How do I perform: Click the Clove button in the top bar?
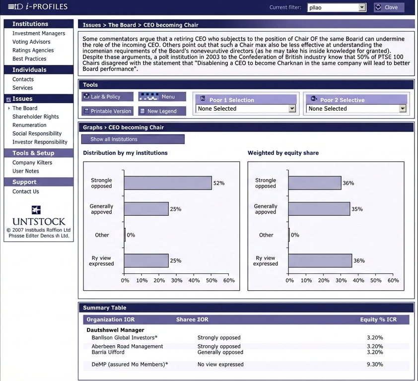pyautogui.click(x=389, y=7)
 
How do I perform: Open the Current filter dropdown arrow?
pyautogui.click(x=362, y=7)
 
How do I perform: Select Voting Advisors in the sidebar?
pyautogui.click(x=31, y=42)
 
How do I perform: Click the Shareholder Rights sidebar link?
pyautogui.click(x=35, y=117)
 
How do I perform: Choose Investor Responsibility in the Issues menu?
pyautogui.click(x=40, y=142)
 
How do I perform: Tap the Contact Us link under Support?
pyautogui.click(x=25, y=191)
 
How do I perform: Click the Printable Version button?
pyautogui.click(x=108, y=111)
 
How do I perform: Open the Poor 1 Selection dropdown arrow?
pyautogui.click(x=292, y=109)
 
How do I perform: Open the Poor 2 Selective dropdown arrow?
pyautogui.click(x=403, y=109)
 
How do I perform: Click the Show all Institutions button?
pyautogui.click(x=133, y=139)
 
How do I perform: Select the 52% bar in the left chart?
pyautogui.click(x=168, y=183)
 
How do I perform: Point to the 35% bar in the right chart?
pyautogui.click(x=319, y=209)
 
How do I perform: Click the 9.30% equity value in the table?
pyautogui.click(x=375, y=364)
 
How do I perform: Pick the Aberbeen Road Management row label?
pyautogui.click(x=127, y=346)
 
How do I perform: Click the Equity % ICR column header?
pyautogui.click(x=378, y=319)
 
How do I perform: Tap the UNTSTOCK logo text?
pyautogui.click(x=39, y=222)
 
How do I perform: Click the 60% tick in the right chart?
pyautogui.click(x=393, y=280)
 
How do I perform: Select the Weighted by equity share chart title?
pyautogui.click(x=283, y=153)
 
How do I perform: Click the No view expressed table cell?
pyautogui.click(x=220, y=364)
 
